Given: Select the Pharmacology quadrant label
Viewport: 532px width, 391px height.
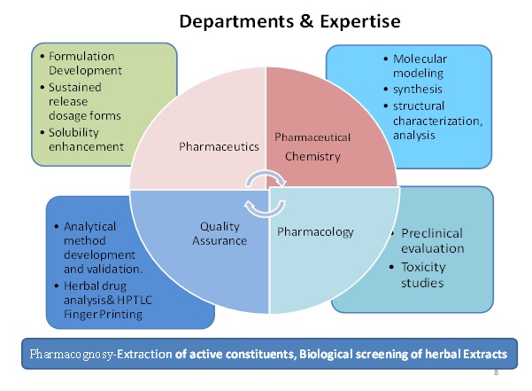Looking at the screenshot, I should (x=316, y=231).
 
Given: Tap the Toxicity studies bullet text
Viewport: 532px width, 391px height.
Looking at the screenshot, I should (x=417, y=274).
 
